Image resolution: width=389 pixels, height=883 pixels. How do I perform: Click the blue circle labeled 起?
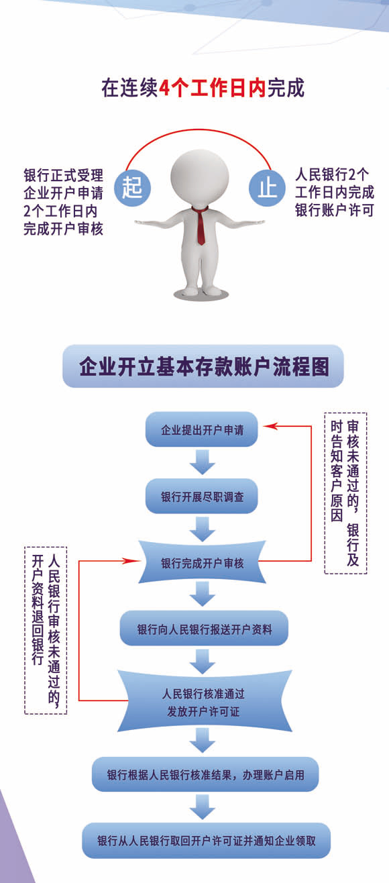tap(132, 188)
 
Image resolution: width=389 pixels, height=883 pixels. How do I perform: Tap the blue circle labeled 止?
tap(267, 188)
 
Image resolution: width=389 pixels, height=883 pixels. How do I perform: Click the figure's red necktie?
tap(201, 225)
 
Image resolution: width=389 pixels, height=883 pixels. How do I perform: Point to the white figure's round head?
tap(200, 176)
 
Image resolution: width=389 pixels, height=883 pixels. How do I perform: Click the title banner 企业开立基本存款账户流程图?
tap(203, 366)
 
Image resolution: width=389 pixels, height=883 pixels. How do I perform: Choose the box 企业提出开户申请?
tap(202, 429)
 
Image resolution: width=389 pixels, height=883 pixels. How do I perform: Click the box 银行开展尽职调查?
tap(202, 497)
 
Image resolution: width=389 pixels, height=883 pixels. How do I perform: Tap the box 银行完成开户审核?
tap(202, 562)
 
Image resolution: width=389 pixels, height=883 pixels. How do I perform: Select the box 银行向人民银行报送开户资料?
tap(204, 629)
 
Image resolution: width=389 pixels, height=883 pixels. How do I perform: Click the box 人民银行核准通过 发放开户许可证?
tap(204, 702)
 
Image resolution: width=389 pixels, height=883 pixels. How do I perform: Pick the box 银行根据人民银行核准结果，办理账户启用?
tap(205, 774)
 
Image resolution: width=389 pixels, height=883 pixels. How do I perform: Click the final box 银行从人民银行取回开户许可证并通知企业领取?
tap(206, 841)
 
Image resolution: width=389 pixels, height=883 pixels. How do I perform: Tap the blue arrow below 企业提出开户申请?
tap(202, 462)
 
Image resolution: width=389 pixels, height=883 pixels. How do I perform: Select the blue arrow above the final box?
tap(202, 807)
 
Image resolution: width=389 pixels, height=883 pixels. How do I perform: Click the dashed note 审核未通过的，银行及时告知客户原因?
tap(345, 493)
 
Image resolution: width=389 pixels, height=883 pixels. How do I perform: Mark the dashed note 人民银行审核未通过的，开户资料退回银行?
tap(46, 630)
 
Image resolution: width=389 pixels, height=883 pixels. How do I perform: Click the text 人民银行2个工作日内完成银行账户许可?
tap(334, 193)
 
